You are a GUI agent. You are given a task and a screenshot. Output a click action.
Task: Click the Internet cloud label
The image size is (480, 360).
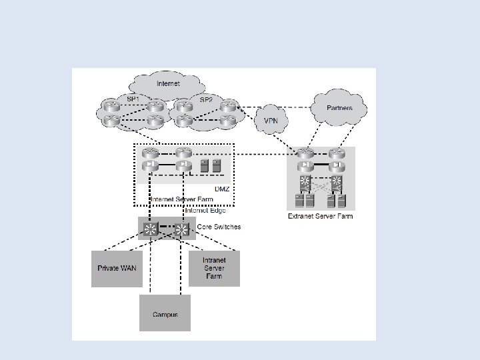167,84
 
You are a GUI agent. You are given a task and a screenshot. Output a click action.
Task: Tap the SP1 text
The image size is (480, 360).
133,99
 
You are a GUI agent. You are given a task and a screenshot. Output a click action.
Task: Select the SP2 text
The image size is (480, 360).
206,99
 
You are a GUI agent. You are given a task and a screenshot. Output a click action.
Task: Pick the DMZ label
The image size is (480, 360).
221,189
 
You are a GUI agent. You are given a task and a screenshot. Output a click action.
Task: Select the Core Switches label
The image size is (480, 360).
219,227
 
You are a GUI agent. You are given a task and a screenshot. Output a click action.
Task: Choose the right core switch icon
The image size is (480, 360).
181,229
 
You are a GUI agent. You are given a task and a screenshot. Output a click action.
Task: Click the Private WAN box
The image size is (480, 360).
117,268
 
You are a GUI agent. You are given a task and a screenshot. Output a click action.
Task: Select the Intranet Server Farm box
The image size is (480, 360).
213,268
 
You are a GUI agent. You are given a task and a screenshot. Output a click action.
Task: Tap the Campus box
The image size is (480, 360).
165,313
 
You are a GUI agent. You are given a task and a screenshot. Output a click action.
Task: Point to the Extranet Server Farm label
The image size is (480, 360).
320,216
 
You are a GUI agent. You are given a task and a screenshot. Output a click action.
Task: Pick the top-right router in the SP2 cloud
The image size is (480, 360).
227,105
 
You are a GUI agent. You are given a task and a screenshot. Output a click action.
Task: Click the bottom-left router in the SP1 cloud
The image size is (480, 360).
111,121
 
